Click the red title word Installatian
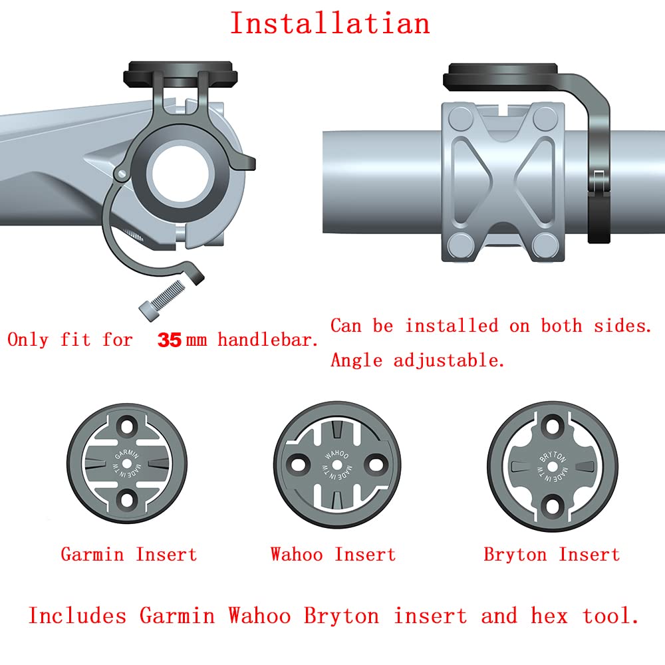(x=330, y=23)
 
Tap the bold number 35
(x=170, y=340)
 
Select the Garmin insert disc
(x=127, y=463)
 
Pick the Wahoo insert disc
(x=337, y=465)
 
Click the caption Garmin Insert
(x=129, y=555)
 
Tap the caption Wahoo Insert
(x=333, y=555)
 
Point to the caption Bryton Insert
(x=552, y=555)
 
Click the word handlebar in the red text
(x=267, y=340)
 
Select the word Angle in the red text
(x=356, y=360)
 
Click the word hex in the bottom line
(x=549, y=616)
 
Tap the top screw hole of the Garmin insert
(x=127, y=426)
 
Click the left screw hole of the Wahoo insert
(x=299, y=464)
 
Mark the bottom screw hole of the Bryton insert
(x=553, y=505)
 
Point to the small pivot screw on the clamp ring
(x=122, y=174)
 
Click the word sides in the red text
(x=622, y=326)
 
